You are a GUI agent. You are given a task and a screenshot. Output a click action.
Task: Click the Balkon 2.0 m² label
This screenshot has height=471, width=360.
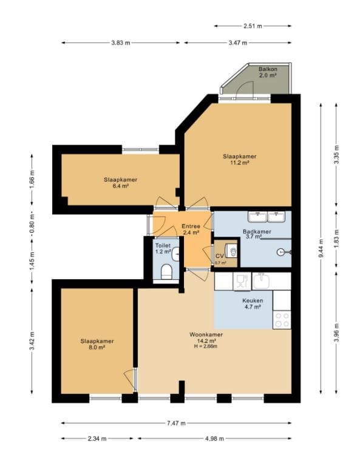point(268,72)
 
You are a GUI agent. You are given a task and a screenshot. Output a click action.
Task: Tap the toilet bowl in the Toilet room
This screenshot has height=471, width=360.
point(166,271)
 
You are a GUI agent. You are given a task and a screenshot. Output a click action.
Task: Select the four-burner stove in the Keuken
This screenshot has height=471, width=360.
point(282,320)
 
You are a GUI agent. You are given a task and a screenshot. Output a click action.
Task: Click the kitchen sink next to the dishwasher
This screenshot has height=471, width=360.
point(261,281)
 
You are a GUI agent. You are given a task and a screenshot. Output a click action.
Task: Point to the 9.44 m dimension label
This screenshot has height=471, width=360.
point(321,248)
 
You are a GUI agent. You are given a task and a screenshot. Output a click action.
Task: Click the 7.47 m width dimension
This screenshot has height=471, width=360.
point(176,423)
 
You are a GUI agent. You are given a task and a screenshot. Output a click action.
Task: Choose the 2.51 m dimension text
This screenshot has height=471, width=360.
point(253,26)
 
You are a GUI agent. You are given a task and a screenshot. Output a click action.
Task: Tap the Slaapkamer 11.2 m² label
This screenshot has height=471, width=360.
point(240,160)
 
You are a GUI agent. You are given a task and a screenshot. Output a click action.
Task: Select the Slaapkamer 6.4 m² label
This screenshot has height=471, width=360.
point(120,183)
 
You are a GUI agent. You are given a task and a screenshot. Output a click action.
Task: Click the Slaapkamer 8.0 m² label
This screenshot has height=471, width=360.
point(97,344)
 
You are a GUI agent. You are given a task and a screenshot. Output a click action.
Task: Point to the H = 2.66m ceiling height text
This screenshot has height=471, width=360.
point(206,346)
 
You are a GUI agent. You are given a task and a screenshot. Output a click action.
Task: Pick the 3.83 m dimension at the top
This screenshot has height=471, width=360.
point(120,42)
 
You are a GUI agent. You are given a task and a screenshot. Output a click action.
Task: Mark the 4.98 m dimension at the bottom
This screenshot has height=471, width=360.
point(214,439)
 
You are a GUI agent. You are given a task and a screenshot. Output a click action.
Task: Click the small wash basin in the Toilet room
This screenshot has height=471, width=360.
point(175,254)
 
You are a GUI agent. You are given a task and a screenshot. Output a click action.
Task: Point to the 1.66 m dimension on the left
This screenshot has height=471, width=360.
point(32,179)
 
